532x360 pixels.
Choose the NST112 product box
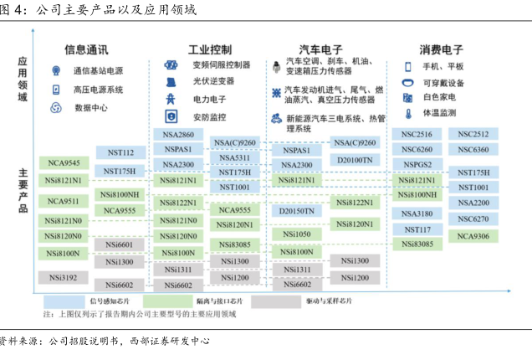click(121, 152)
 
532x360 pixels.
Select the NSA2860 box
click(177, 135)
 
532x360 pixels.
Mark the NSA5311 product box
click(234, 157)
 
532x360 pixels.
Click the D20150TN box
click(298, 211)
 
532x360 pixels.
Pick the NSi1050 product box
click(298, 234)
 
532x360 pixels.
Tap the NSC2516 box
click(417, 135)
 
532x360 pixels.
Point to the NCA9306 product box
click(473, 236)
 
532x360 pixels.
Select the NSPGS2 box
click(417, 165)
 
